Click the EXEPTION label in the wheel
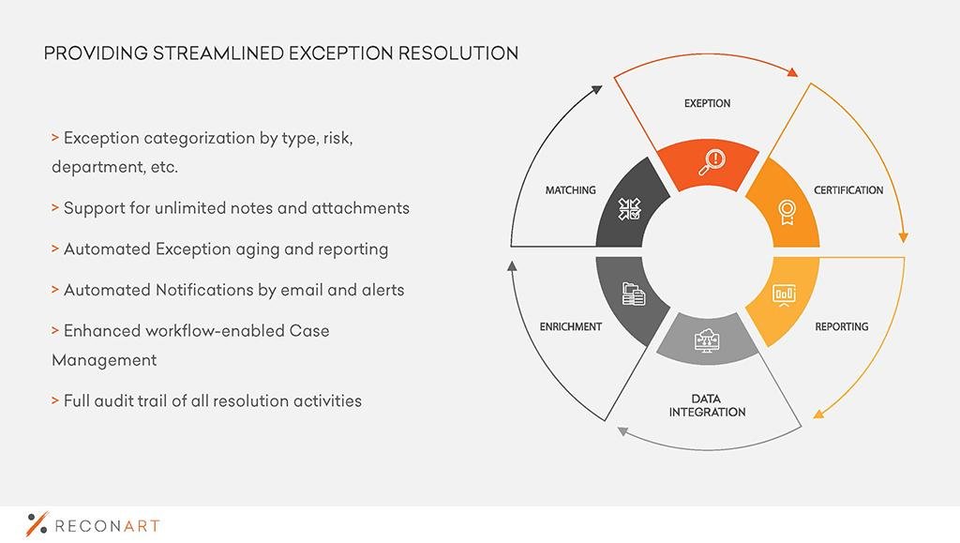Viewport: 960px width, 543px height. coord(707,103)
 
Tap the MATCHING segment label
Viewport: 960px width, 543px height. coord(571,190)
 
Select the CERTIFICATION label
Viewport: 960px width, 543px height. coord(848,190)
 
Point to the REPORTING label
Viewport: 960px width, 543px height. coord(842,327)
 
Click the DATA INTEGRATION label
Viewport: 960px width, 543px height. coord(707,406)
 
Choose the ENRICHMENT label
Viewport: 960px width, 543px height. coord(571,327)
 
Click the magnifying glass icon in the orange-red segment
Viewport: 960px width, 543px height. coord(712,162)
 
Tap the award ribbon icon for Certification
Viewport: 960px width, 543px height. coord(787,213)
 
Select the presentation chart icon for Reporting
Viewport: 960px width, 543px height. coord(785,295)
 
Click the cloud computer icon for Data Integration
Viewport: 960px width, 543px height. coord(707,340)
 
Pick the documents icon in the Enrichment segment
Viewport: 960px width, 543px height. coord(633,294)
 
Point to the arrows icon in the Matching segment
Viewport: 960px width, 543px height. coord(629,209)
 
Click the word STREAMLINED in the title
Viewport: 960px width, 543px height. coord(217,53)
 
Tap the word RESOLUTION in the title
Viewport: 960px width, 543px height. coord(457,53)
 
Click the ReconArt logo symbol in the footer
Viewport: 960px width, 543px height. coord(37,524)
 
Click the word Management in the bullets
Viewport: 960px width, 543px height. coord(104,360)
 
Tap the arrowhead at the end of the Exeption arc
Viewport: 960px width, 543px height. coord(792,72)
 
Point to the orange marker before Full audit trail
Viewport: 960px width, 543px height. coord(55,401)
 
